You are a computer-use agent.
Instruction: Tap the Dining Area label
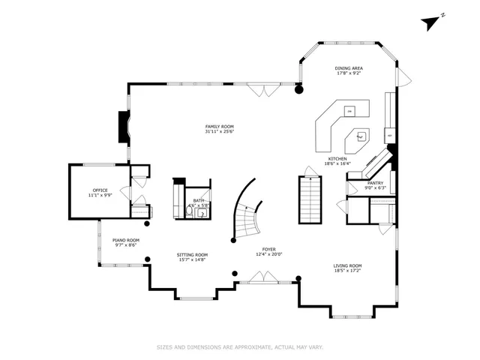tap(349, 68)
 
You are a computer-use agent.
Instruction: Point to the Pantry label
tap(375, 182)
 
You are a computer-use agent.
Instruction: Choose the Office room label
tap(100, 190)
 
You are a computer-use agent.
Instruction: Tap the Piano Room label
tap(126, 240)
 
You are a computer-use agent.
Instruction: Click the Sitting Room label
tap(192, 255)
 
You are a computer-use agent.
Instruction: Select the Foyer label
tap(268, 249)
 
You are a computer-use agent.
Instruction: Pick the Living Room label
tap(348, 265)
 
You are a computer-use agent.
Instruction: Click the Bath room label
tap(199, 200)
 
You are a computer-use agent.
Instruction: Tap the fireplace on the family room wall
tap(122, 127)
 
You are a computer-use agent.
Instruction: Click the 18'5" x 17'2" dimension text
tap(348, 271)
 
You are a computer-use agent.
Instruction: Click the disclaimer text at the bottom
tap(240, 346)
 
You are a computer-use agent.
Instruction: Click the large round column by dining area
tap(298, 89)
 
